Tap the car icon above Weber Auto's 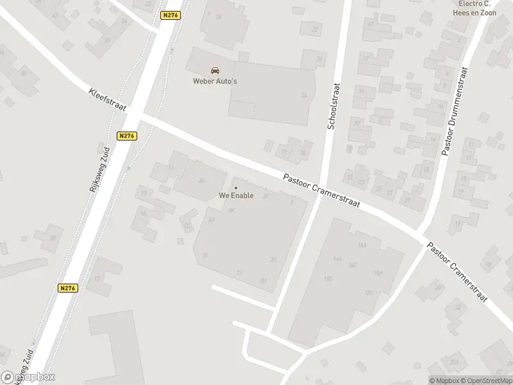(214, 71)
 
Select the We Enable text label (235, 196)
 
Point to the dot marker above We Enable (235, 187)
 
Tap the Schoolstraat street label (332, 107)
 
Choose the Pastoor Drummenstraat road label (455, 112)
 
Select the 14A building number (338, 259)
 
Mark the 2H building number (262, 280)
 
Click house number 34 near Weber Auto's (304, 96)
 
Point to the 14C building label (328, 279)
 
